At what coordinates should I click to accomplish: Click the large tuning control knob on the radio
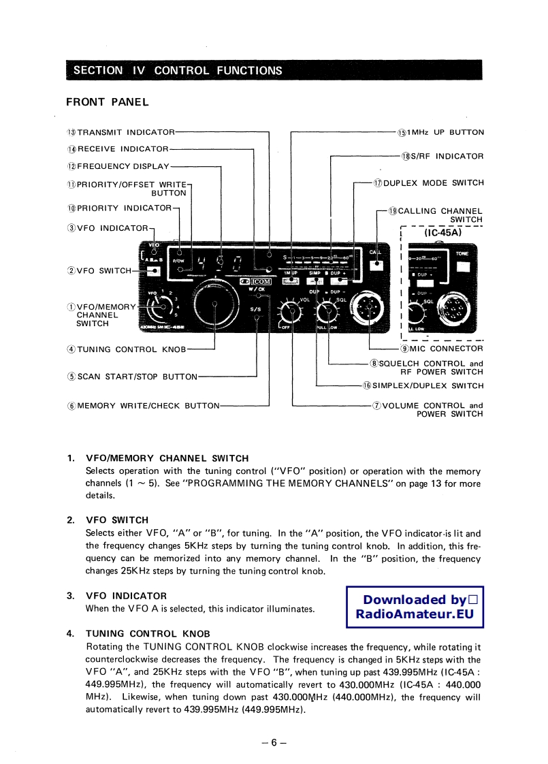(215, 304)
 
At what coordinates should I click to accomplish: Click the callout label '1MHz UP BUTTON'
(440, 132)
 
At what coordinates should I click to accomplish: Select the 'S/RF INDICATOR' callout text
(442, 157)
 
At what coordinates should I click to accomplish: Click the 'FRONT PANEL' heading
(107, 102)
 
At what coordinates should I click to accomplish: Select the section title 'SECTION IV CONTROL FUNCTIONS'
(177, 70)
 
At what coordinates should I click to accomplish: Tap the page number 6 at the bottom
(274, 742)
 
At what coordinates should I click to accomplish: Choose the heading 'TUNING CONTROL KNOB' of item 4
(148, 633)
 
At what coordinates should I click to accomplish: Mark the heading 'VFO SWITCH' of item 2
(117, 520)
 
